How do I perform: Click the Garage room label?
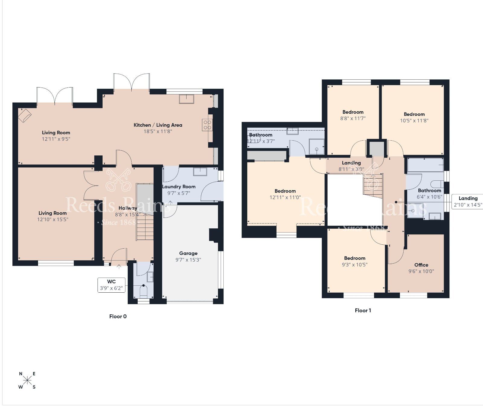188,253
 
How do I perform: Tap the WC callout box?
111,285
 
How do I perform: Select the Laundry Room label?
179,186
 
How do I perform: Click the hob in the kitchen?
207,125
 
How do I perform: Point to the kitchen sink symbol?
186,99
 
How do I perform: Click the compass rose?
27,380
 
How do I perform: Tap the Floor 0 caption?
118,316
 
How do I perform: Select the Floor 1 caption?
363,310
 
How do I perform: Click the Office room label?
421,265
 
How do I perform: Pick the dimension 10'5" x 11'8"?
414,120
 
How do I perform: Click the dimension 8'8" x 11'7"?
353,118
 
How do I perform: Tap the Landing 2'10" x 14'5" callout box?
468,202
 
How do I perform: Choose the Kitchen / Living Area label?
158,125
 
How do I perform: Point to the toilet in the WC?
143,291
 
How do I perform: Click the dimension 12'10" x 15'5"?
53,219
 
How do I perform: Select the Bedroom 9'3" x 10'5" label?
355,258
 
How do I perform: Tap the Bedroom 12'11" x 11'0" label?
285,191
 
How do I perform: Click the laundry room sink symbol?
200,172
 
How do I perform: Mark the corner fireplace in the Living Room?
25,115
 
